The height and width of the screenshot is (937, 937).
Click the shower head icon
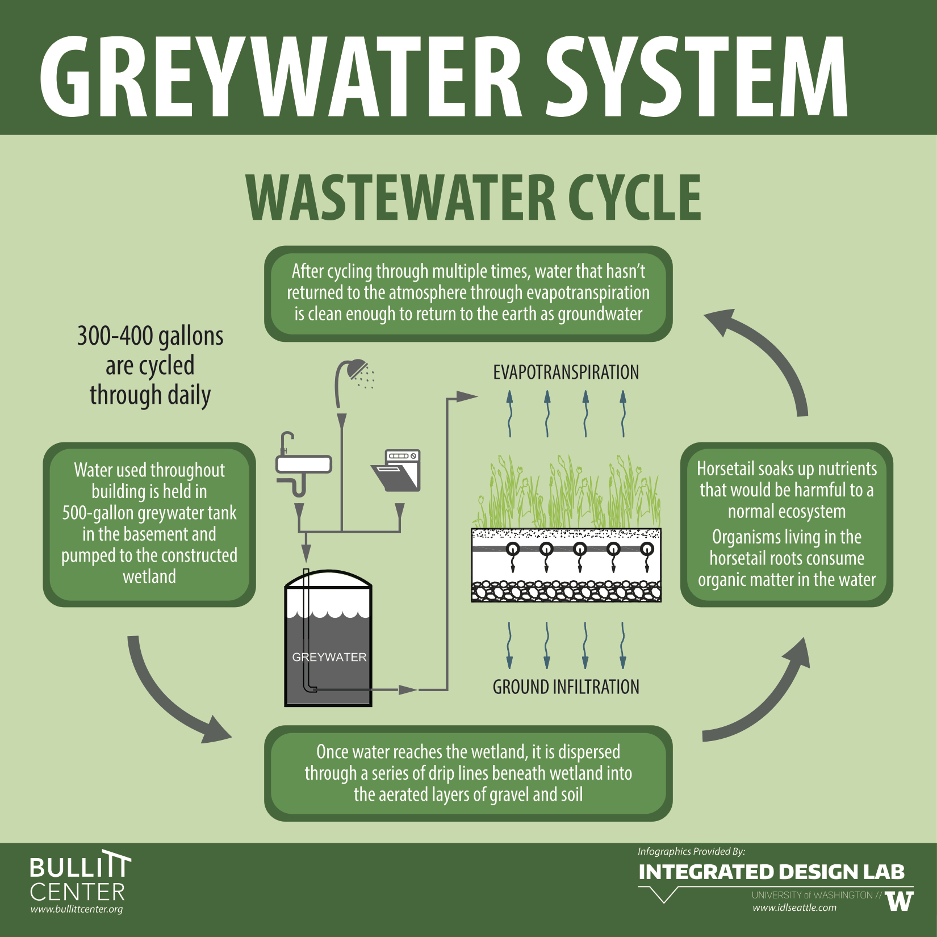click(355, 372)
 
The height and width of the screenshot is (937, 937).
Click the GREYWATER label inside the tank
click(329, 657)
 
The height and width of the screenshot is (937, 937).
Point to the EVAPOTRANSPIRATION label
click(566, 373)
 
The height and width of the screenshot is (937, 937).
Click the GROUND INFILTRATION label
click(566, 687)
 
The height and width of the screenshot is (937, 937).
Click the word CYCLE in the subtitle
click(635, 197)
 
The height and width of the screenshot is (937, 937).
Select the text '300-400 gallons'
click(150, 336)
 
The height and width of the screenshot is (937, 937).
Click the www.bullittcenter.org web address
click(77, 909)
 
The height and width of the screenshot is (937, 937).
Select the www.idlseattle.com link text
click(794, 907)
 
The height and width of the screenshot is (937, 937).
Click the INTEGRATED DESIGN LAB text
click(771, 872)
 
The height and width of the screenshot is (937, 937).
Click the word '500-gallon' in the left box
click(98, 513)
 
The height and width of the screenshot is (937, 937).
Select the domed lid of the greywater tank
click(328, 579)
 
